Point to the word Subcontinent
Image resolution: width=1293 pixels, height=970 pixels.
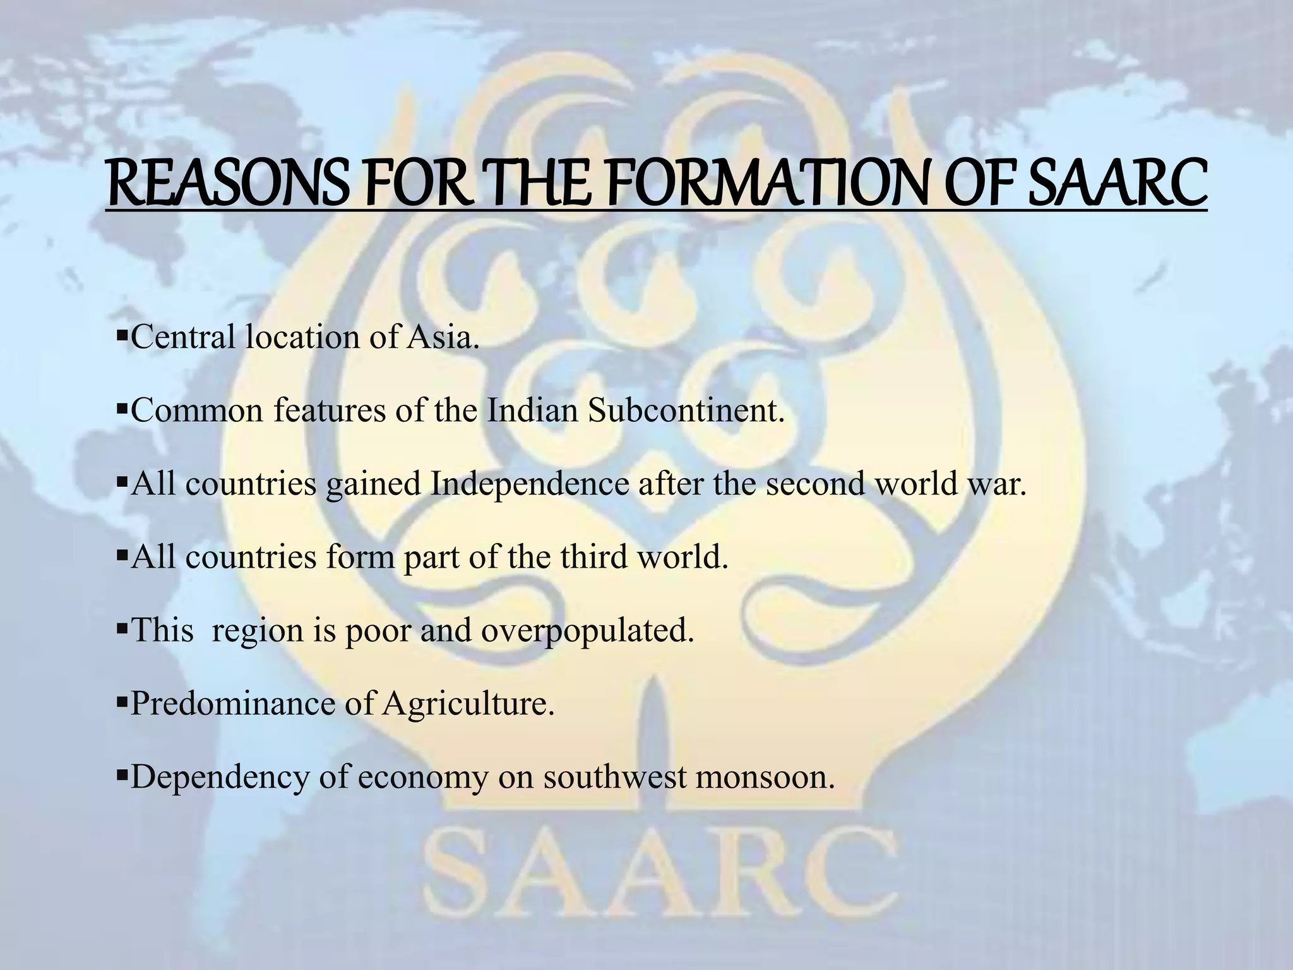[x=686, y=410]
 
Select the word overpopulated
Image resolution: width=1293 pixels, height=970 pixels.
[x=587, y=630]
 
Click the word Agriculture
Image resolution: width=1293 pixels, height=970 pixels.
[x=468, y=703]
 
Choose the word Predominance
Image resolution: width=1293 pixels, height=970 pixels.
[x=232, y=703]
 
